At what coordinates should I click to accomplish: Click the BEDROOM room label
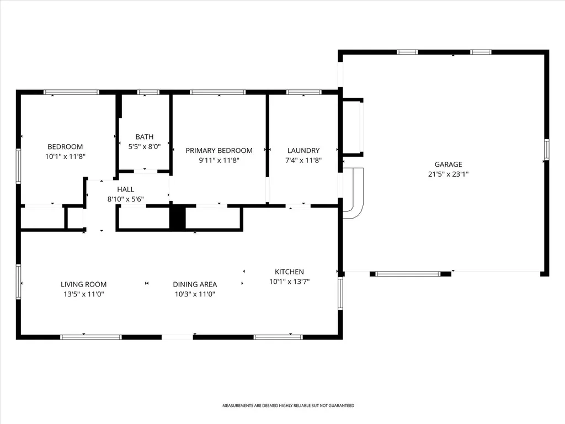(65, 147)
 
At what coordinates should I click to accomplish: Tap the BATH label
(145, 137)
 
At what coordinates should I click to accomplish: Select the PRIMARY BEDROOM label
(219, 150)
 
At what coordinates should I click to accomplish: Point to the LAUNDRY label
(303, 150)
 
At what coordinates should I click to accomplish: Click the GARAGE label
(448, 165)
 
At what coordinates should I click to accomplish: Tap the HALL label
(125, 189)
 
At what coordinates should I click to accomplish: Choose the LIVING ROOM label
(84, 284)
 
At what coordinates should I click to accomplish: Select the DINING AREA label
(195, 284)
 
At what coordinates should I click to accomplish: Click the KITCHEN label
(289, 272)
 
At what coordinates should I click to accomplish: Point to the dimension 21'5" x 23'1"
(448, 174)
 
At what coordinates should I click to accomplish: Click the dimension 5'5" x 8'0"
(145, 147)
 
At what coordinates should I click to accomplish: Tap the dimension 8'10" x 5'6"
(125, 199)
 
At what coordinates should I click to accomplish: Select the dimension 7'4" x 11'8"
(303, 160)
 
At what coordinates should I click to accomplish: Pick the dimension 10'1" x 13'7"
(289, 282)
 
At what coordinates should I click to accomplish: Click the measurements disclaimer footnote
(288, 406)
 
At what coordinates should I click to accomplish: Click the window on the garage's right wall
(547, 149)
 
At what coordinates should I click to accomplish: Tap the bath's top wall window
(148, 92)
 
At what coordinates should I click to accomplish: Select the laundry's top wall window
(304, 92)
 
